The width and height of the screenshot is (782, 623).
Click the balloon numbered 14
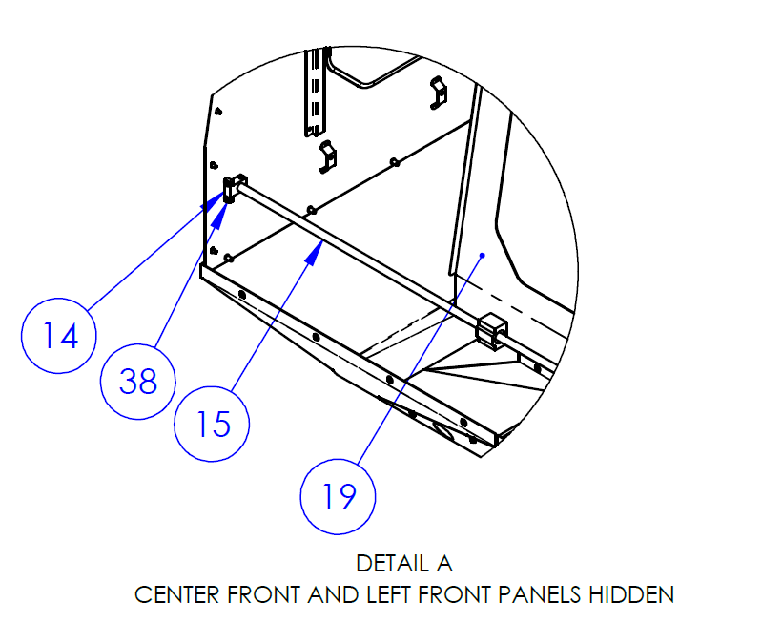pos(60,336)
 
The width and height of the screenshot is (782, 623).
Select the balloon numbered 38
pos(138,383)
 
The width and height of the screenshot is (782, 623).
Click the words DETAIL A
pos(404,564)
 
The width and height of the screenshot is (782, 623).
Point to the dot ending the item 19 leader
pos(484,255)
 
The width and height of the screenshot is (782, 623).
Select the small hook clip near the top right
pos(439,93)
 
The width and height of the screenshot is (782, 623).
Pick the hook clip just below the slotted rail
pos(327,156)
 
